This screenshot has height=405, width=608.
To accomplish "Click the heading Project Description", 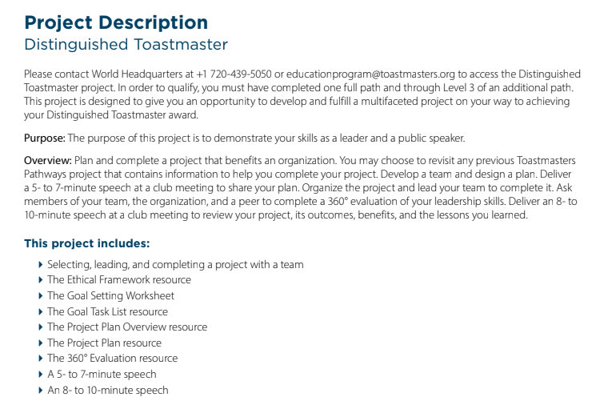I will click(x=116, y=22).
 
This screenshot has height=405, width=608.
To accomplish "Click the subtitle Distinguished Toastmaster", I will click(x=126, y=45).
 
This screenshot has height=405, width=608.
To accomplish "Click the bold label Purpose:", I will click(x=43, y=138).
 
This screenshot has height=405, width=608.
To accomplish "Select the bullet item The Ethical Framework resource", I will click(x=119, y=280).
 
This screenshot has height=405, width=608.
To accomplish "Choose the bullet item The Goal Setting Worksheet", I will click(x=110, y=296).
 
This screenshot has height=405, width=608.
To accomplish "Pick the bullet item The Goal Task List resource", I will click(x=107, y=311).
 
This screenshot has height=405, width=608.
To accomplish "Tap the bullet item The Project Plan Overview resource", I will click(x=127, y=327).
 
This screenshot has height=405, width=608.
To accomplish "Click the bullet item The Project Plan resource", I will click(x=104, y=343).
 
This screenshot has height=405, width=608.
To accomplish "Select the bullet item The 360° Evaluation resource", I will click(x=112, y=359).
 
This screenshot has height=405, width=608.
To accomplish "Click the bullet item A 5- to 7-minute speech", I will click(x=102, y=374).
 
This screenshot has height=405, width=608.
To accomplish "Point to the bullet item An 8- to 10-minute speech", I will click(x=108, y=390).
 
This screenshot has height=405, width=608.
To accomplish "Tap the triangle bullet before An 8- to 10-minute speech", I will click(x=41, y=390).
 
